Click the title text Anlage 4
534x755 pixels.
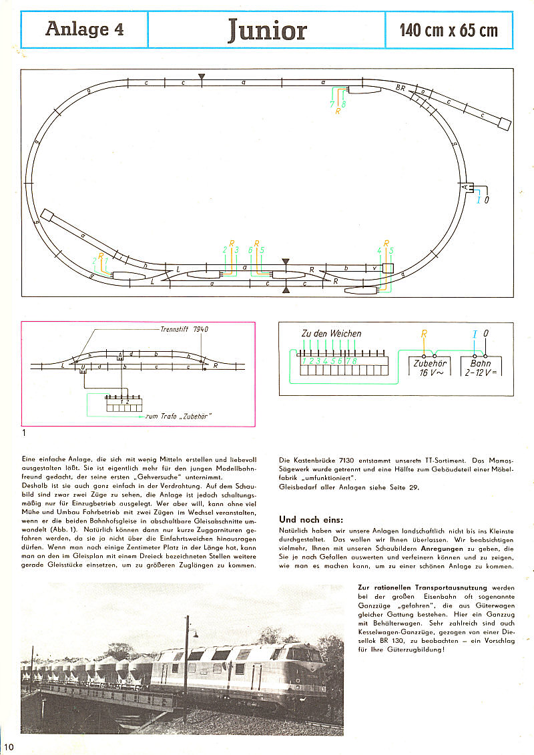pos(84,29)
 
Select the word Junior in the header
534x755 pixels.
pos(267,30)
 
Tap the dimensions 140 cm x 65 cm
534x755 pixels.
pos(449,30)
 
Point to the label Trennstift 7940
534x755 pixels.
pos(185,329)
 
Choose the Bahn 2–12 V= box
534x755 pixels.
pos(480,368)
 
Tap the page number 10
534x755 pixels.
pos(7,745)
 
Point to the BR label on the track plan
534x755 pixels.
pos(400,87)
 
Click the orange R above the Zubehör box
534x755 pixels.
pos(424,333)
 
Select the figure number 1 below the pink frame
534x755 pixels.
pos(25,433)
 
